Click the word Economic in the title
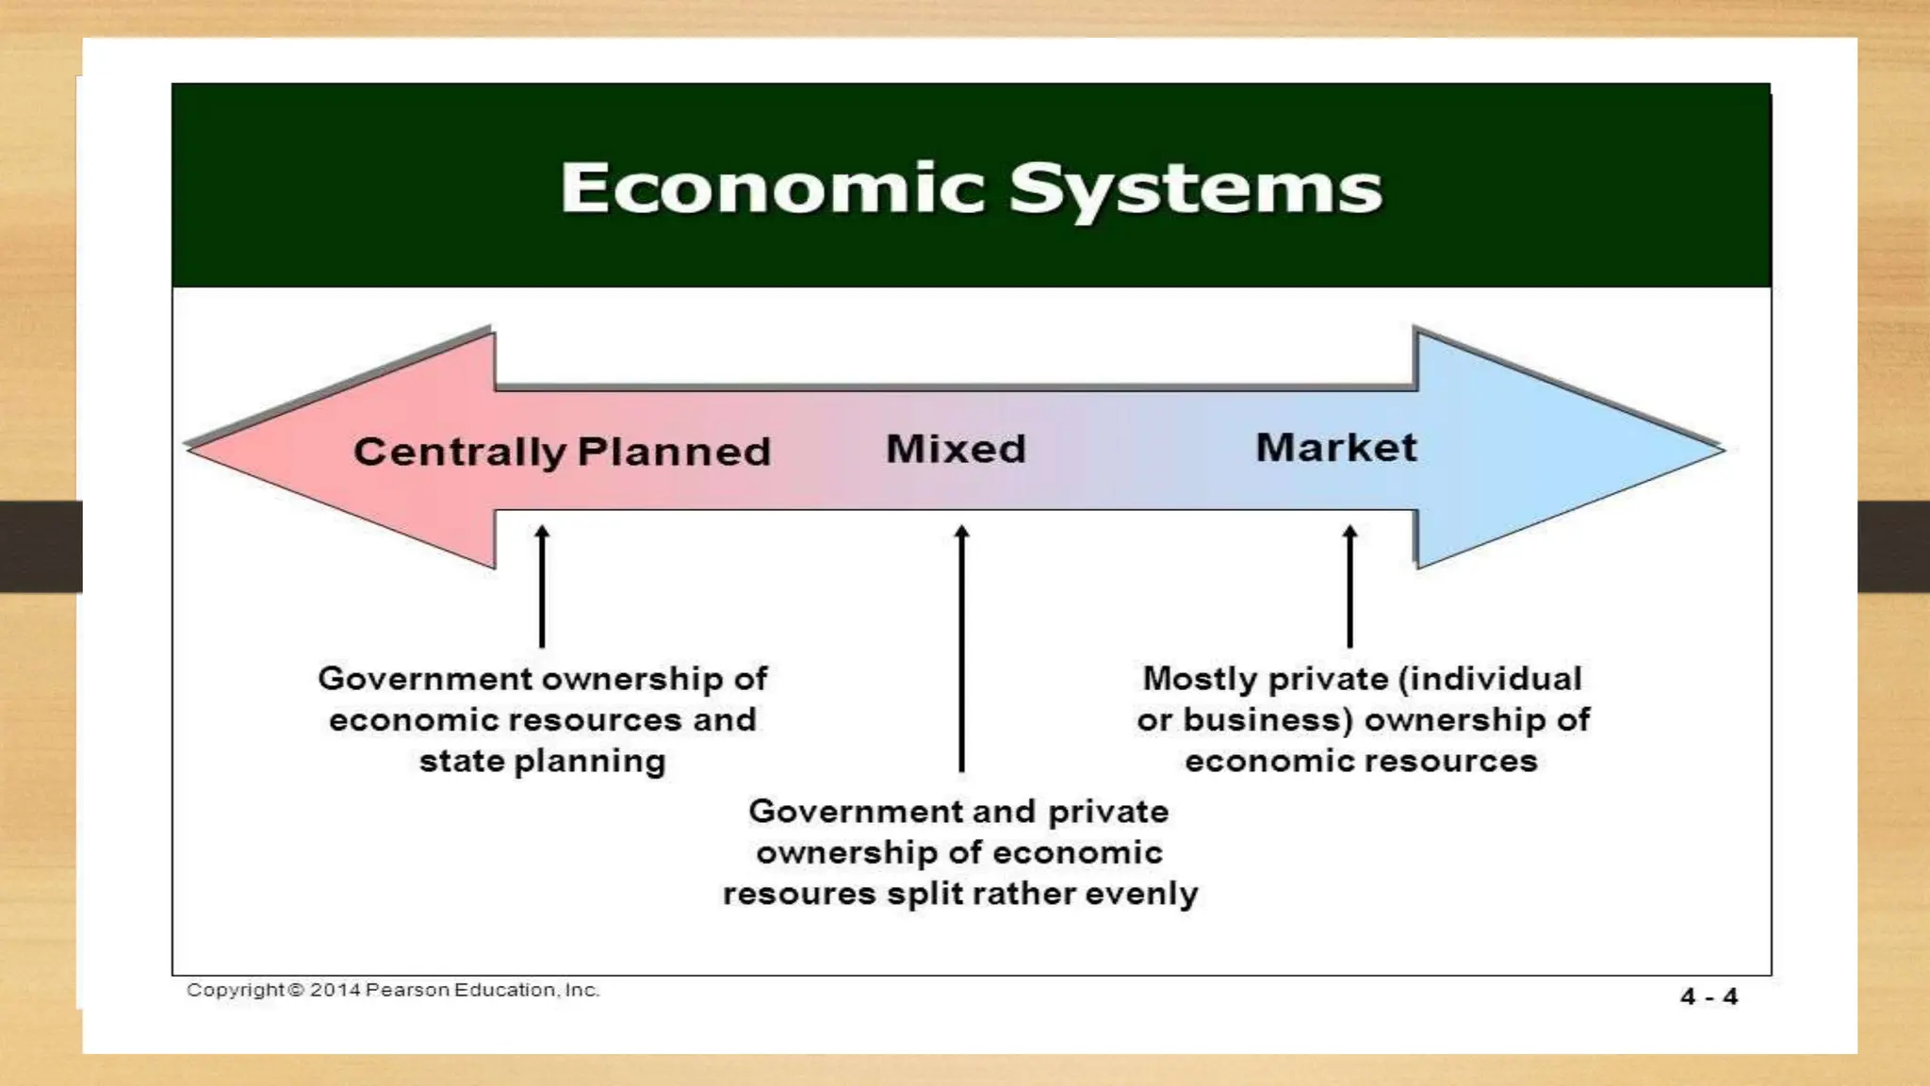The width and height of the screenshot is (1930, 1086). click(x=773, y=189)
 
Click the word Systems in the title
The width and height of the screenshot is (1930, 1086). click(x=1195, y=190)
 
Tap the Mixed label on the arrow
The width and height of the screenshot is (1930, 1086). click(x=956, y=449)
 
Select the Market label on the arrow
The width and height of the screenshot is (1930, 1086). click(x=1336, y=447)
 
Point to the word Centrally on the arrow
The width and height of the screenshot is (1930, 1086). click(x=459, y=452)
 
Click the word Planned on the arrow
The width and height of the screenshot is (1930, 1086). click(x=674, y=452)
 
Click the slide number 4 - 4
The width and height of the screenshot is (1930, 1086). click(x=1709, y=996)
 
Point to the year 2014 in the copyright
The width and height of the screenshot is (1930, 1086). click(x=335, y=990)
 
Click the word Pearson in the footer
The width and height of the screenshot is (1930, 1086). click(x=407, y=990)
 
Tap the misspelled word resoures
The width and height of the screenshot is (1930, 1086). click(x=799, y=894)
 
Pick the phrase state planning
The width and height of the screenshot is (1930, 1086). click(x=542, y=761)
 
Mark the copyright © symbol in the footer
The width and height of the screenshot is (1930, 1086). click(x=296, y=990)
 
